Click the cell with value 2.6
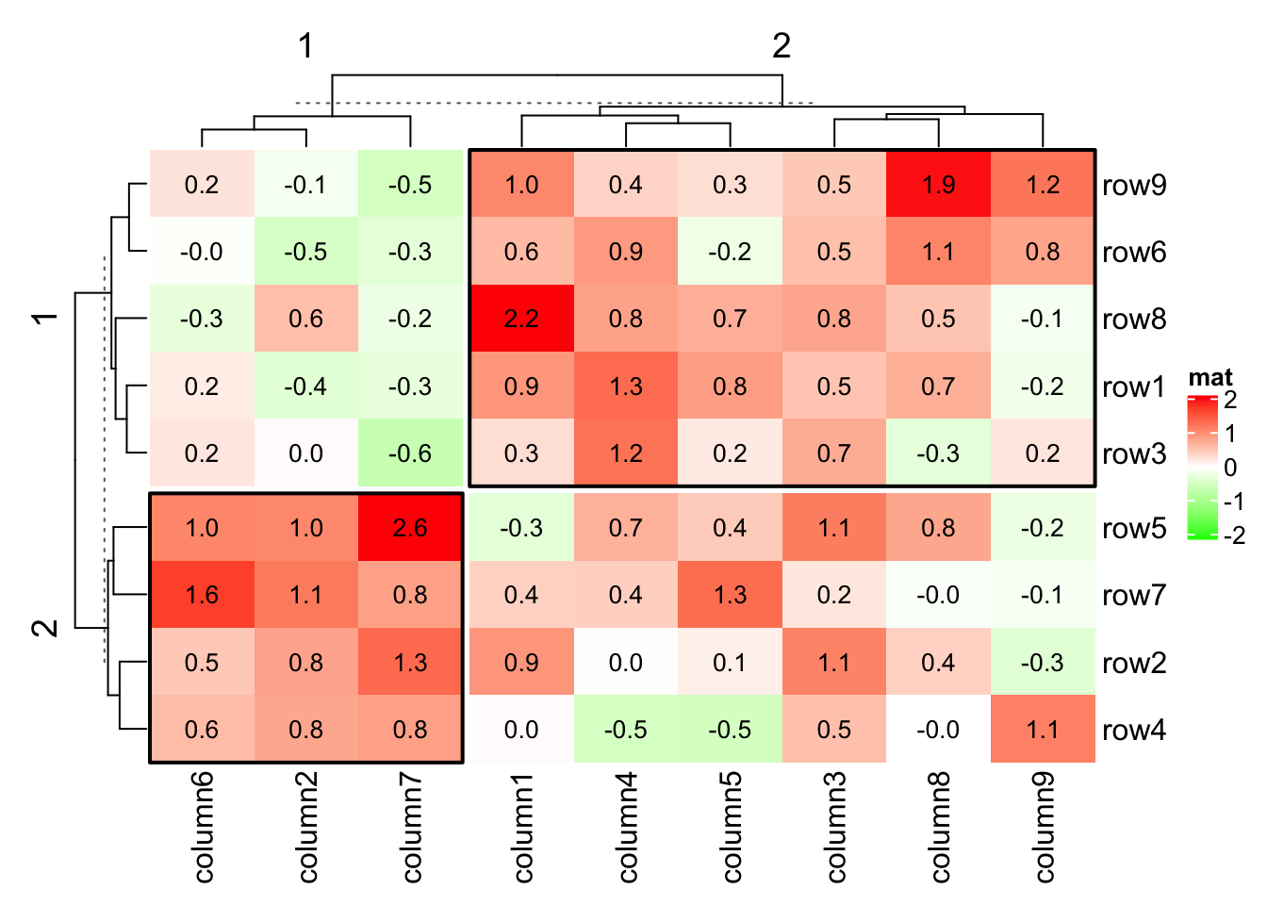coord(410,527)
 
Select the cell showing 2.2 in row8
coord(521,319)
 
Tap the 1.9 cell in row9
coord(938,184)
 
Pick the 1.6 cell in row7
coord(202,595)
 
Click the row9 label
coord(1134,185)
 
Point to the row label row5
coord(1134,528)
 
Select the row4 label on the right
coord(1134,730)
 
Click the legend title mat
coord(1210,378)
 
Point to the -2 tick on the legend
coord(1234,535)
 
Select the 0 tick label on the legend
coord(1230,468)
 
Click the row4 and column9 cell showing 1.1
coord(1043,730)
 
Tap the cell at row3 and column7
coord(410,453)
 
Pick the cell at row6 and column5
coord(730,252)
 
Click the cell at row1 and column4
coord(626,387)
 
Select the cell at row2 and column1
coord(521,663)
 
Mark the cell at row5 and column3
coord(834,527)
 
